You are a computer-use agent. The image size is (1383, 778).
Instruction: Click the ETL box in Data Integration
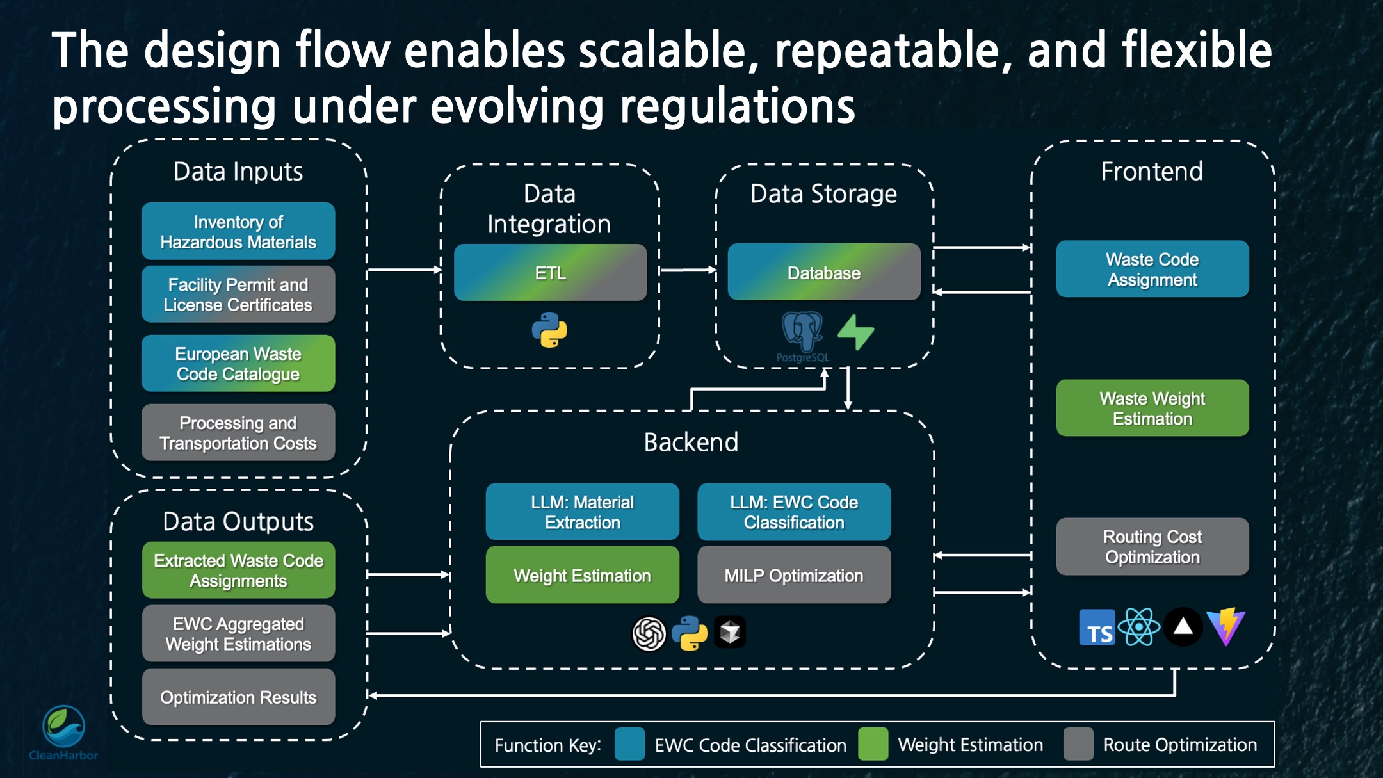(550, 273)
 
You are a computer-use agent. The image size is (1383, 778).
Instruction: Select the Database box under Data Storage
(823, 273)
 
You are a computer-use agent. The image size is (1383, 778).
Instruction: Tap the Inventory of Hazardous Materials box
(238, 232)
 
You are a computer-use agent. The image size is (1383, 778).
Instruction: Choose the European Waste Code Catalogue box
(238, 364)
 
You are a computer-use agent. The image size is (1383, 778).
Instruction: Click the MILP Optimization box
(793, 576)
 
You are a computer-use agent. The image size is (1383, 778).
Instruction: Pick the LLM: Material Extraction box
(582, 512)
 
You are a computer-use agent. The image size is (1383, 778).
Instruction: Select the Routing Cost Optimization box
(1152, 547)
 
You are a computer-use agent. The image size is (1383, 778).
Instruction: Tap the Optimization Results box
(238, 697)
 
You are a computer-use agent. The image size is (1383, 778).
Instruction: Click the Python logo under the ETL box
(549, 330)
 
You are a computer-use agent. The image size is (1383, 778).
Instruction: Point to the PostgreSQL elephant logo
(802, 332)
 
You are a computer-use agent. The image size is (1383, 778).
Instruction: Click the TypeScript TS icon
(1097, 628)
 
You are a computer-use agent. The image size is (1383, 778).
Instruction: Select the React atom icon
(1139, 628)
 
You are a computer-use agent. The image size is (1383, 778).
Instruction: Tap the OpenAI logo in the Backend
(649, 634)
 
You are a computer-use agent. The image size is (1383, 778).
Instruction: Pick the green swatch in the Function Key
(873, 744)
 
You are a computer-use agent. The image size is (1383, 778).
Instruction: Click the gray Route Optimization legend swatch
(1078, 744)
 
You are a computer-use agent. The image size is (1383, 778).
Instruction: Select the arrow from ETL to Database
(687, 270)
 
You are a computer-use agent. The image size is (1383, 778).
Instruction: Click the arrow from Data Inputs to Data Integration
(404, 270)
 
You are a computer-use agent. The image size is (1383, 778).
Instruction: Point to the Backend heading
(691, 442)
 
